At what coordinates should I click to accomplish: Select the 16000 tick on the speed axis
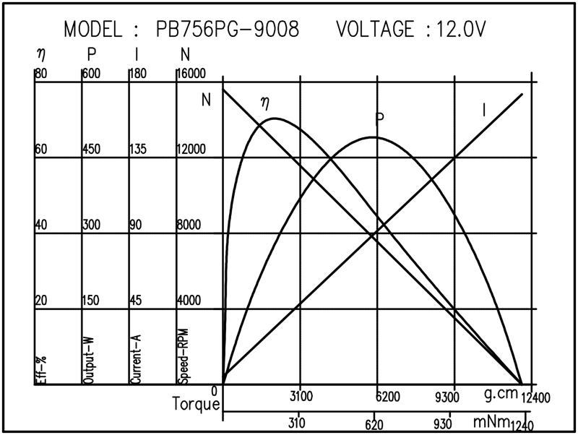pyautogui.click(x=191, y=74)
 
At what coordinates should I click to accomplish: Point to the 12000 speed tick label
pyautogui.click(x=191, y=150)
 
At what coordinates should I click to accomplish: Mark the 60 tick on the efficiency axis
pyautogui.click(x=41, y=150)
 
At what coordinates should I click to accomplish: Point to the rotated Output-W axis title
pyautogui.click(x=89, y=358)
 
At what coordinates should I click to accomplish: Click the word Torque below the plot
pyautogui.click(x=196, y=404)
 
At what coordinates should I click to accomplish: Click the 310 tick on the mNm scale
pyautogui.click(x=297, y=423)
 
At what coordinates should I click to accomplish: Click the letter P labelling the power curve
pyautogui.click(x=379, y=118)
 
